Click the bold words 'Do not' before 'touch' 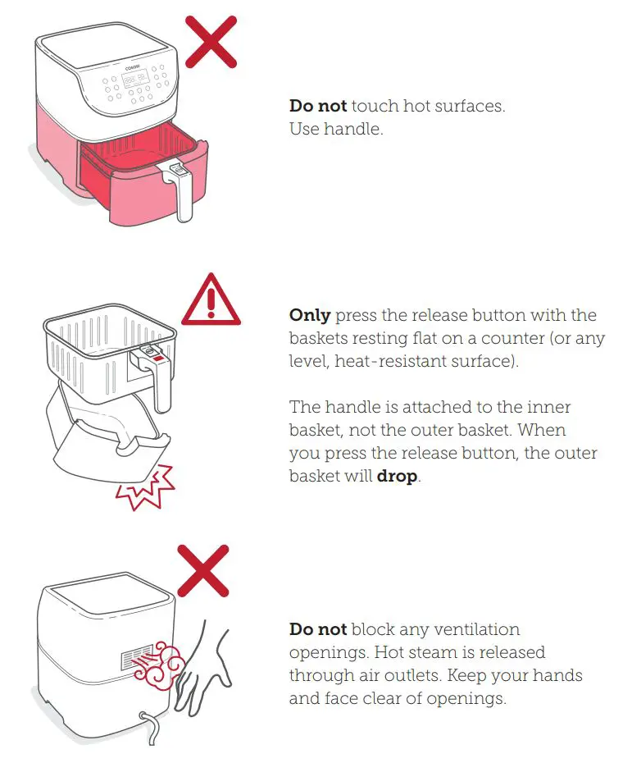point(318,106)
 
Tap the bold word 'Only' point(310,315)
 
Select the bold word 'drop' point(397,476)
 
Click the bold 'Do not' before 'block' point(318,629)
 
